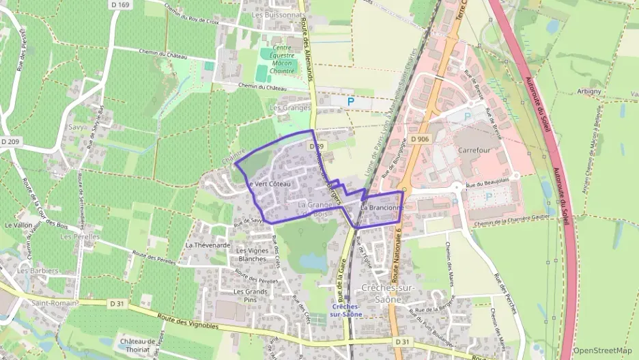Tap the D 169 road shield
pyautogui.click(x=120, y=5)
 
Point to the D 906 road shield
pyautogui.click(x=420, y=139)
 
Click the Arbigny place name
pyautogui.click(x=588, y=91)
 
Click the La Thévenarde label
pyautogui.click(x=208, y=245)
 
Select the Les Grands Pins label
pyautogui.click(x=248, y=295)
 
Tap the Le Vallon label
pyautogui.click(x=18, y=225)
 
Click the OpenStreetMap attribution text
pyautogui.click(x=602, y=350)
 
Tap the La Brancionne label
pyautogui.click(x=383, y=207)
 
